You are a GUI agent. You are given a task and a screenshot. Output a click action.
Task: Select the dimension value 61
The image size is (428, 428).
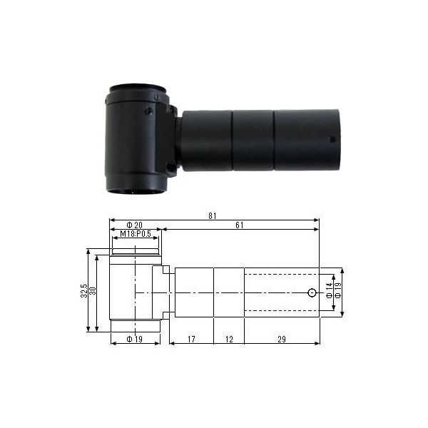click(x=240, y=225)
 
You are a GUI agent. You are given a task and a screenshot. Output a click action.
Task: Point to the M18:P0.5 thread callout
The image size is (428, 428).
click(x=135, y=234)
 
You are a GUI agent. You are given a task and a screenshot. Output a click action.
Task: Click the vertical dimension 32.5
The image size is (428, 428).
click(x=83, y=290)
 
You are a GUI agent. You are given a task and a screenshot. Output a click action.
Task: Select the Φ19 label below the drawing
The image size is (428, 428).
click(x=135, y=339)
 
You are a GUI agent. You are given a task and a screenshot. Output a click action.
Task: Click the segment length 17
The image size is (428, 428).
click(x=190, y=339)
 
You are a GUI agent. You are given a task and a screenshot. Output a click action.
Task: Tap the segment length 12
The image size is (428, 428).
click(x=228, y=339)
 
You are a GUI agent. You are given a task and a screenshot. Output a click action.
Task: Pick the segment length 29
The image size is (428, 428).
click(x=281, y=339)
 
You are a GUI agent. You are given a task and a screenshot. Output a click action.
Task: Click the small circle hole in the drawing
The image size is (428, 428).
click(x=312, y=292)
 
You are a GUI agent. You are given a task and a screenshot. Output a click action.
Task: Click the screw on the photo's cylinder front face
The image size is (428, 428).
click(x=148, y=111)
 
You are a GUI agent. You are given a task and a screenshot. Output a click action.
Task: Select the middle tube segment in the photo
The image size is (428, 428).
click(x=253, y=140)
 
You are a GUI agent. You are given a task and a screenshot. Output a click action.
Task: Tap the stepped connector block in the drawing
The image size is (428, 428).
click(x=165, y=292)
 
